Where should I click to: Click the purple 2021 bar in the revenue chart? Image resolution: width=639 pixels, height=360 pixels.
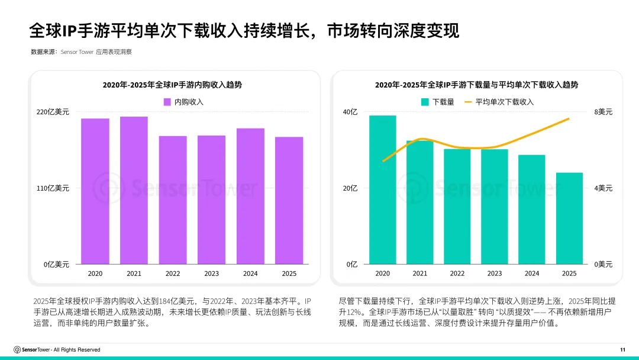click(134, 190)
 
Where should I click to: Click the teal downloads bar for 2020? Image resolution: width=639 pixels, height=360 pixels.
click(382, 189)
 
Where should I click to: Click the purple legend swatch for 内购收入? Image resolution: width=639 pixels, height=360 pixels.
click(167, 102)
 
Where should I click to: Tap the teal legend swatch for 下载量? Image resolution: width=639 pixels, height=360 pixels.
click(424, 102)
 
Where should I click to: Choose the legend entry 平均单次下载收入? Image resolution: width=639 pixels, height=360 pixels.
click(504, 102)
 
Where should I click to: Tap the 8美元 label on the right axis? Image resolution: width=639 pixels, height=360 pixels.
click(603, 112)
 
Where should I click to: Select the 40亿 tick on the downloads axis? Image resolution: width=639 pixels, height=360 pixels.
click(350, 112)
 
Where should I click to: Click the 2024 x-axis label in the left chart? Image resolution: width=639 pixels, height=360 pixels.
click(250, 274)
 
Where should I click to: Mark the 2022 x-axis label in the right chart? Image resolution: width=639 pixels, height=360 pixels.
click(457, 274)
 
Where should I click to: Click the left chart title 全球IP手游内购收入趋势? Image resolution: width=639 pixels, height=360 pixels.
click(172, 85)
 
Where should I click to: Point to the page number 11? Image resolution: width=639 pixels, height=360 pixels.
click(622, 349)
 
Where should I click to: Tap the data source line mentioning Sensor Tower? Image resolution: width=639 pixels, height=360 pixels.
click(81, 52)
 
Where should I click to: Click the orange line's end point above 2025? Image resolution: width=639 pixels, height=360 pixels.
click(569, 119)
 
